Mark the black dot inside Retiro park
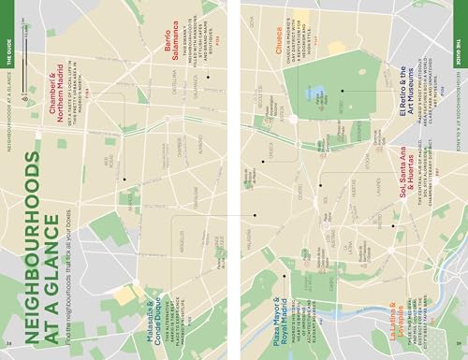[343, 91]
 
